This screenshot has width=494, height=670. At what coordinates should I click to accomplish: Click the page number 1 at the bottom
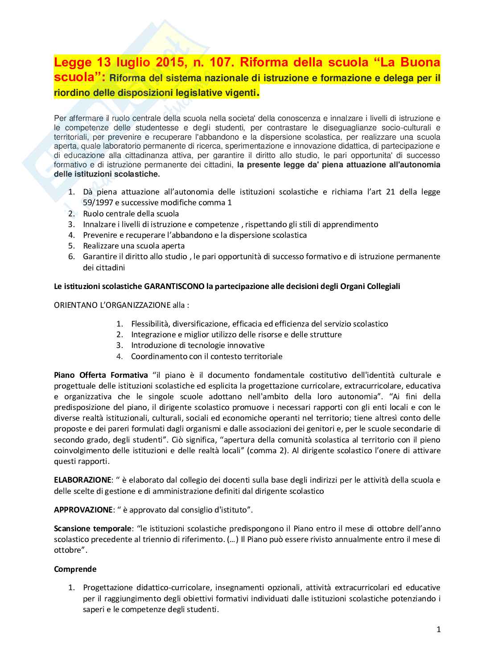coord(438,629)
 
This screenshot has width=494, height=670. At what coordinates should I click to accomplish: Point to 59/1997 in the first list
coord(98,203)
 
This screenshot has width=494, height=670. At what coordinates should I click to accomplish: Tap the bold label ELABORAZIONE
coord(82,480)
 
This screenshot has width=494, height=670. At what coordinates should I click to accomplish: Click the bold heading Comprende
coord(75,569)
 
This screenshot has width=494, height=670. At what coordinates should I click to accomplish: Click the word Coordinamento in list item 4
coord(159,356)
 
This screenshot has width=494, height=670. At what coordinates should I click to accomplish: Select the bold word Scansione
coord(72,529)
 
